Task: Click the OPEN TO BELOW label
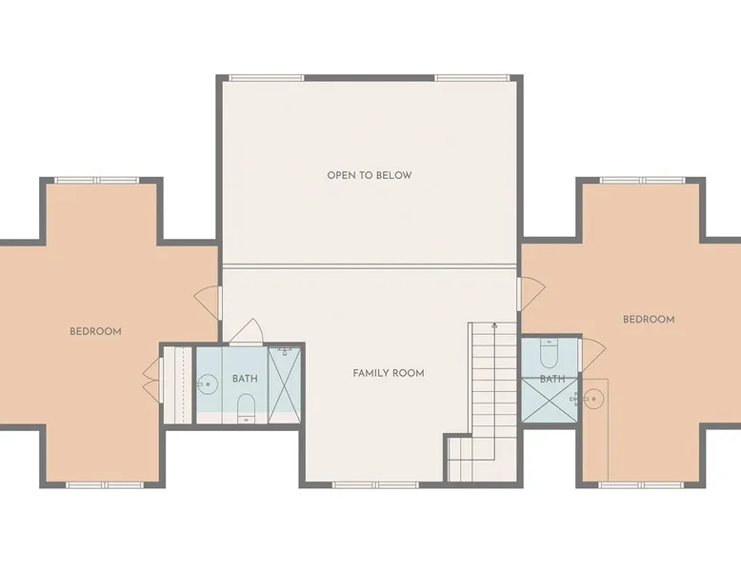pyautogui.click(x=370, y=175)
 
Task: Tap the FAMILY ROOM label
pyautogui.click(x=389, y=373)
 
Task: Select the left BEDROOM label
pyautogui.click(x=95, y=331)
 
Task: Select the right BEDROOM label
pyautogui.click(x=649, y=319)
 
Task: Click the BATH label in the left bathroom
pyautogui.click(x=246, y=379)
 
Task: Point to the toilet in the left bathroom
pyautogui.click(x=246, y=408)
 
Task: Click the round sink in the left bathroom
pyautogui.click(x=207, y=383)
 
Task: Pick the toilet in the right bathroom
pyautogui.click(x=550, y=353)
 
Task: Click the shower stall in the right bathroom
pyautogui.click(x=550, y=400)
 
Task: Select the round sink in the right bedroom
pyautogui.click(x=593, y=400)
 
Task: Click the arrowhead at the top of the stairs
pyautogui.click(x=494, y=324)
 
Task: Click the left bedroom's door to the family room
pyautogui.click(x=208, y=303)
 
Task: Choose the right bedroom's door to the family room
pyautogui.click(x=531, y=294)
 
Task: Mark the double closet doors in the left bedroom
pyautogui.click(x=152, y=381)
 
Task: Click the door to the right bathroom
pyautogui.click(x=591, y=355)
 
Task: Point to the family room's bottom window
pyautogui.click(x=375, y=484)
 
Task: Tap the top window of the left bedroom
pyautogui.click(x=97, y=180)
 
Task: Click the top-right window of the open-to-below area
pyautogui.click(x=472, y=77)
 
